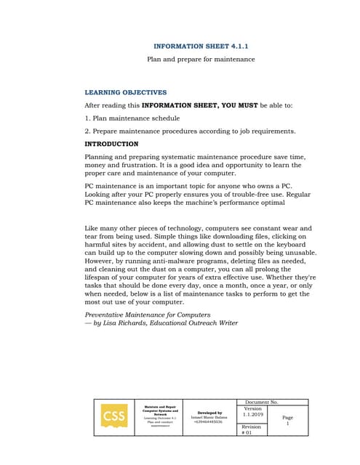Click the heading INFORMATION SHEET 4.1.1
coord(201,46)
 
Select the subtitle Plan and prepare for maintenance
coord(201,59)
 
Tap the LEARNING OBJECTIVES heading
coord(126,92)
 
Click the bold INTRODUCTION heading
coord(111,144)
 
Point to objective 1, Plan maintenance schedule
coord(132,118)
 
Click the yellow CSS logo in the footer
coord(113,416)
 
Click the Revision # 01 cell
coord(251,429)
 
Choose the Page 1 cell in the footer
coord(287,420)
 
